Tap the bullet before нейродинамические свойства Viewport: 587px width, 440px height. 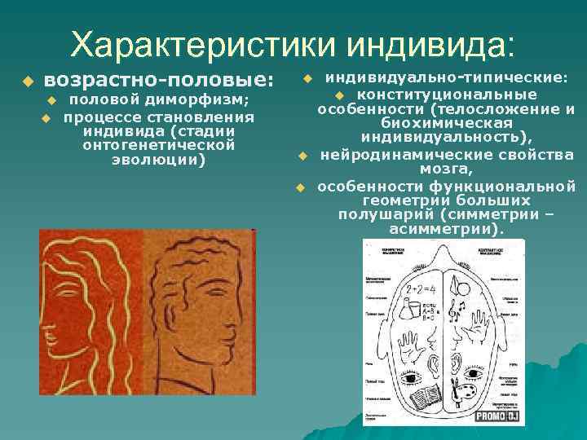pyautogui.click(x=301, y=155)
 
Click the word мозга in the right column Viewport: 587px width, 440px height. pyautogui.click(x=445, y=169)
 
